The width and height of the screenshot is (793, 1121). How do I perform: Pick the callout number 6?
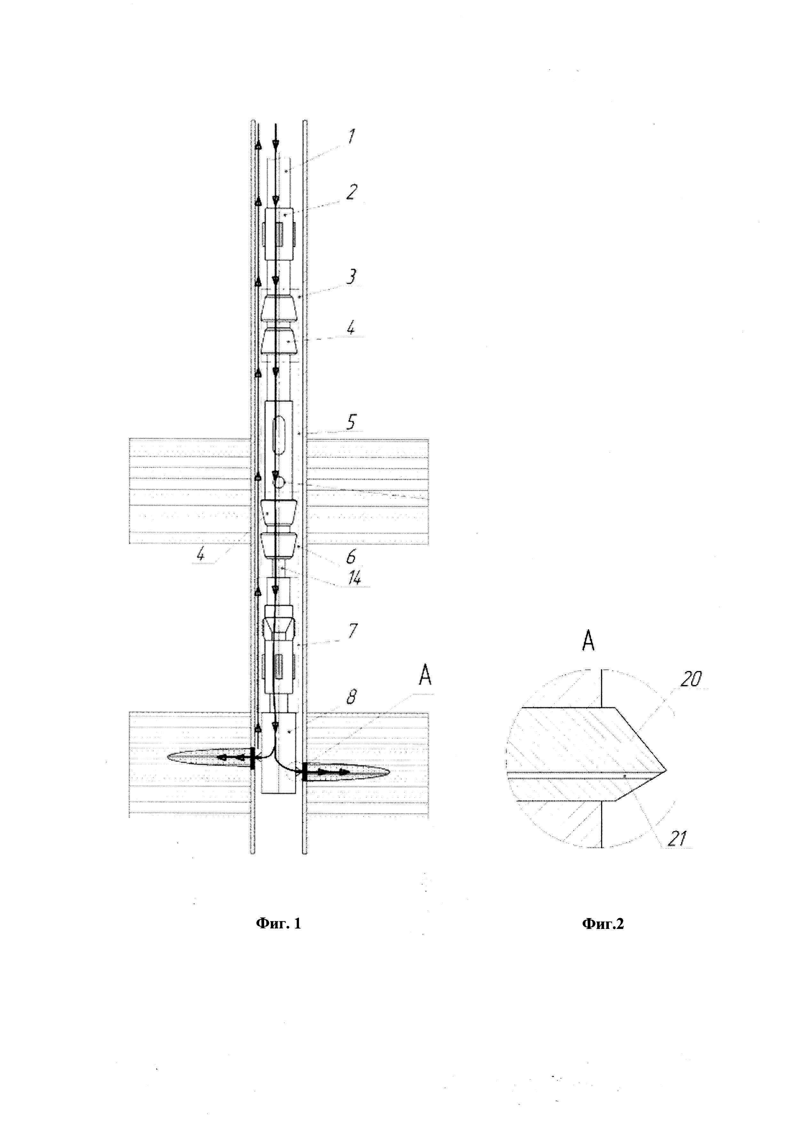pyautogui.click(x=351, y=556)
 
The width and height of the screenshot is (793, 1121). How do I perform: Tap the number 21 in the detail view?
pyautogui.click(x=677, y=839)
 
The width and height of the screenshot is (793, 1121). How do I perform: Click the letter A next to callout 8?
pyautogui.click(x=425, y=676)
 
